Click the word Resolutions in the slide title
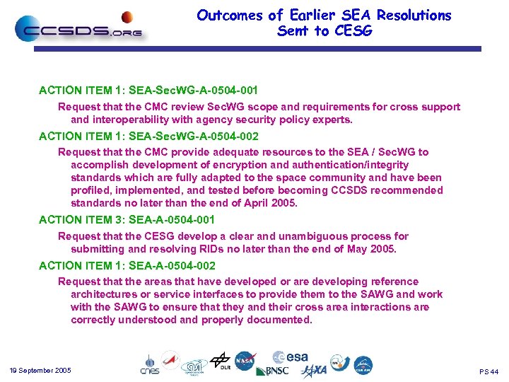click(x=414, y=15)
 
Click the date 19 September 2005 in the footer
click(x=40, y=371)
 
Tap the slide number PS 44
click(x=488, y=371)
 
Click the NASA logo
click(x=245, y=361)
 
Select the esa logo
click(x=291, y=358)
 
